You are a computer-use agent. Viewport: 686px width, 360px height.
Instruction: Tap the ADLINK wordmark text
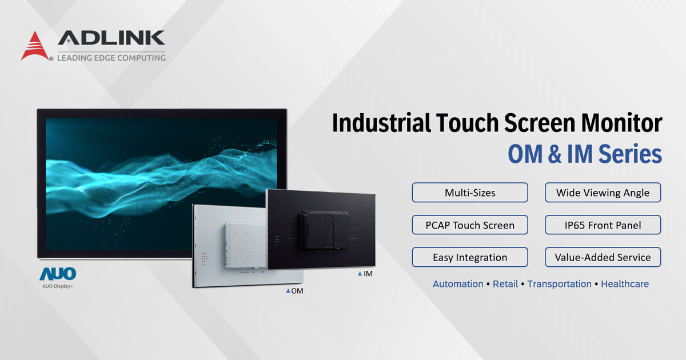tap(111, 38)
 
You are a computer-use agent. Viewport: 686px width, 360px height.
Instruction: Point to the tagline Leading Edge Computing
tap(111, 58)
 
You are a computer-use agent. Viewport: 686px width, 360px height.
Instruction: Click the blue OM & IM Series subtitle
tap(585, 155)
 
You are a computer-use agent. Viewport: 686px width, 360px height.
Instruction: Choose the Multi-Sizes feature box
tap(470, 193)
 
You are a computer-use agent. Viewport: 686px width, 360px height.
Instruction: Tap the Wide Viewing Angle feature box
tap(603, 193)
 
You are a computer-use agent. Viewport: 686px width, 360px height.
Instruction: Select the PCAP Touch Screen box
tap(470, 225)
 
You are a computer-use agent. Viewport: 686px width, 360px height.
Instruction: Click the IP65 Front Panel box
tap(603, 225)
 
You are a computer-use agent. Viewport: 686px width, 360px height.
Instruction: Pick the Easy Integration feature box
tap(470, 258)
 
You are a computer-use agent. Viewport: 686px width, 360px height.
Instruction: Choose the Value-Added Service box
tap(603, 258)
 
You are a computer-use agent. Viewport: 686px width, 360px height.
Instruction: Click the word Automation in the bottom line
tap(458, 284)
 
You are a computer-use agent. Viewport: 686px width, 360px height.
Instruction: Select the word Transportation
tap(559, 284)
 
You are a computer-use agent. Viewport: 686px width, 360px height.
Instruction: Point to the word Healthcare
tap(625, 284)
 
